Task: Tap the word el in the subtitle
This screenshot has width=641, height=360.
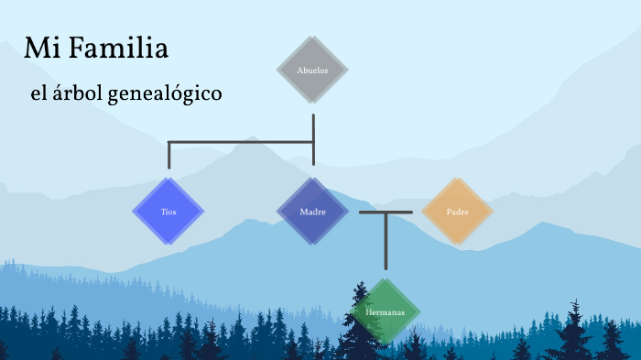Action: (x=38, y=93)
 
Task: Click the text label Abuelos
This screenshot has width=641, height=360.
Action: (x=312, y=70)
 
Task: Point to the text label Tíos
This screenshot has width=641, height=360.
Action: (x=168, y=212)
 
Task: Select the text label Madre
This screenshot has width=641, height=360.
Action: (x=312, y=212)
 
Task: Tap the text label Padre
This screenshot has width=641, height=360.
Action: (x=458, y=212)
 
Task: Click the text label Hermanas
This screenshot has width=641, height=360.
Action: (x=385, y=312)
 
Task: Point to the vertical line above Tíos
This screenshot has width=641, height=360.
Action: (x=169, y=156)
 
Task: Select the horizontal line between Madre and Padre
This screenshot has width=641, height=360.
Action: (x=386, y=212)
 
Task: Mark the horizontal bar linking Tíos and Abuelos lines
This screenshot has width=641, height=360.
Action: (x=241, y=142)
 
